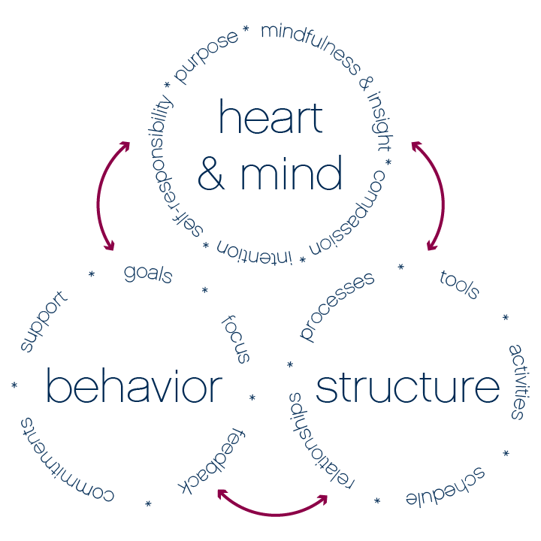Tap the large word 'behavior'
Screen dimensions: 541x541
[x=134, y=388]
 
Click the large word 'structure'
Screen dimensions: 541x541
[x=407, y=388]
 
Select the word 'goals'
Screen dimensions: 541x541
[x=148, y=273]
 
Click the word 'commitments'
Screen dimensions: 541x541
[x=65, y=461]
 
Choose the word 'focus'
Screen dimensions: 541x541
[x=235, y=339]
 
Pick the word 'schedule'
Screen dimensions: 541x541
[x=446, y=488]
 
